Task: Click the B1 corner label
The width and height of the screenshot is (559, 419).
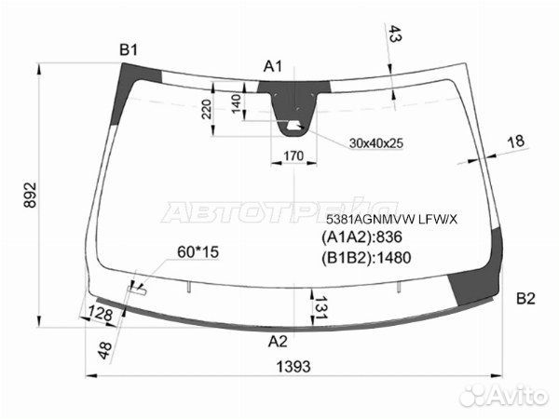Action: click(129, 50)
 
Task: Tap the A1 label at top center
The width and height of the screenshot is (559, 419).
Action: click(273, 66)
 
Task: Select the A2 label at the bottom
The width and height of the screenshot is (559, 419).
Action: click(278, 342)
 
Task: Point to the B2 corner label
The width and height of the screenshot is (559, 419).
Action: click(525, 299)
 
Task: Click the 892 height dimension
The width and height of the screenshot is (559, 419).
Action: click(31, 195)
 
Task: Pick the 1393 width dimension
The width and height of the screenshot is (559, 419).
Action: click(293, 366)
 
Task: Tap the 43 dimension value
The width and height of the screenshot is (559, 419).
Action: click(394, 34)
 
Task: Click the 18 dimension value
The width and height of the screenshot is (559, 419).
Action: click(515, 142)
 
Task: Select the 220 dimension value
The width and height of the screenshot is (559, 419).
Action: click(207, 109)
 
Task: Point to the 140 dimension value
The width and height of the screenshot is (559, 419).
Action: click(237, 103)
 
